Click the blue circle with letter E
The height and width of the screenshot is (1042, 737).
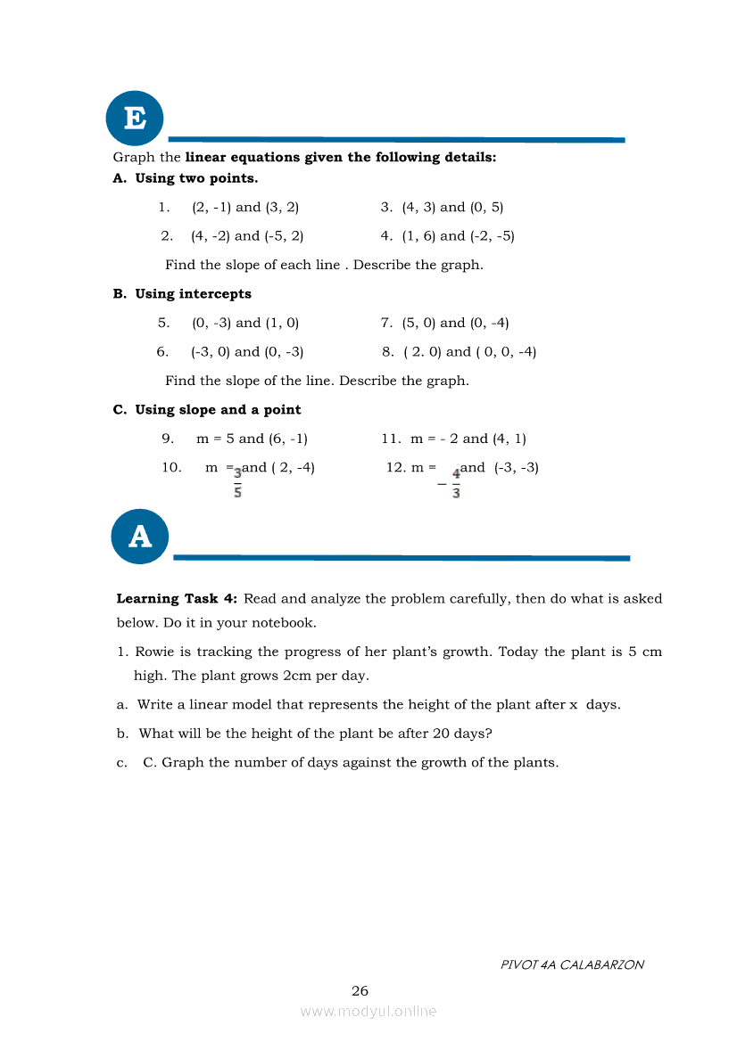tap(135, 117)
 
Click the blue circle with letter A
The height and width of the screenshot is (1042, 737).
tap(140, 537)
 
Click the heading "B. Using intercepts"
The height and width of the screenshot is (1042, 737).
tap(182, 294)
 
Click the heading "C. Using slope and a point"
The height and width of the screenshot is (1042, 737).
tap(207, 410)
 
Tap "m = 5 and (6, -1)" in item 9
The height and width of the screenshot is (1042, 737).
tap(252, 439)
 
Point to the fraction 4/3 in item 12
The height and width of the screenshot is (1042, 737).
tap(456, 484)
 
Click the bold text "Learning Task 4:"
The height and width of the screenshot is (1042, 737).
tap(177, 599)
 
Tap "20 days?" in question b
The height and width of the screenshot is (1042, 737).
tap(463, 734)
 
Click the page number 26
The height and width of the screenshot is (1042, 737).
tap(360, 990)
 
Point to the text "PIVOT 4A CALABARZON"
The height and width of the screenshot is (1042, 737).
tap(572, 964)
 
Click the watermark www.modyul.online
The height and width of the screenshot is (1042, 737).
tap(368, 1011)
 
